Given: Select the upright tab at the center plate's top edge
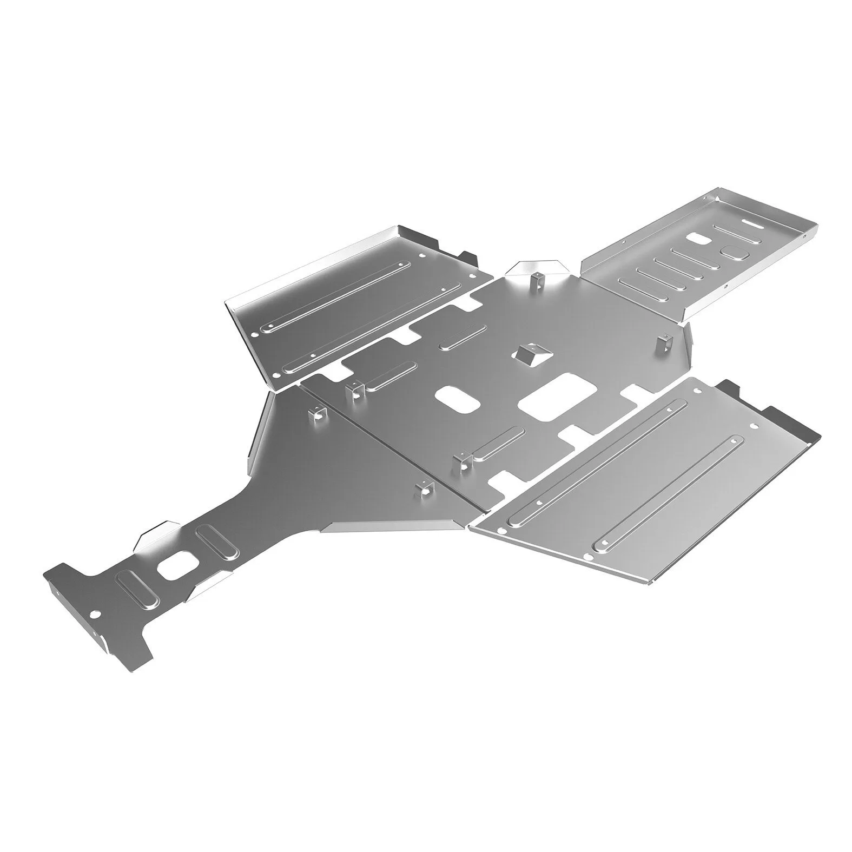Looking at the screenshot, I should tap(534, 279).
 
